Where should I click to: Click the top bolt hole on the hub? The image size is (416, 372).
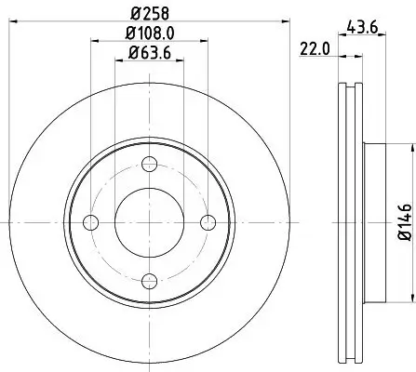click(150, 166)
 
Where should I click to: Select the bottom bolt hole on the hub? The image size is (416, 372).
click(150, 277)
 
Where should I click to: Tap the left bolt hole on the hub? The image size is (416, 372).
click(91, 221)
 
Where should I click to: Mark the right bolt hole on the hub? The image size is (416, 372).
click(208, 221)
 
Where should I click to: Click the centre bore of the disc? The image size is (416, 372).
click(150, 221)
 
